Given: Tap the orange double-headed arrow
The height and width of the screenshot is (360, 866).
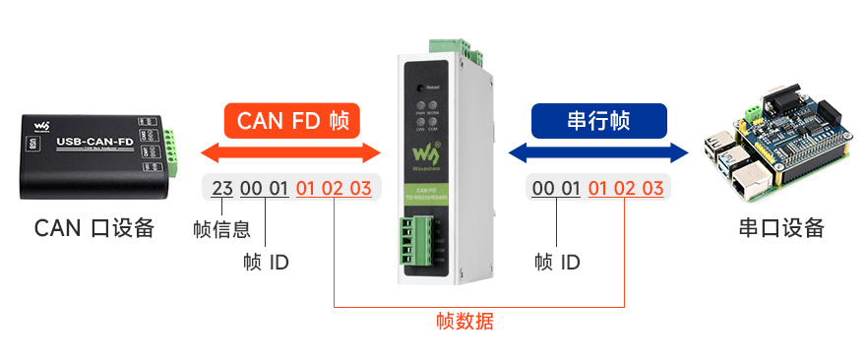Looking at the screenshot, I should click(x=290, y=152).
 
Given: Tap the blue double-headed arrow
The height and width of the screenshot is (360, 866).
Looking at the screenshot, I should click(x=598, y=152).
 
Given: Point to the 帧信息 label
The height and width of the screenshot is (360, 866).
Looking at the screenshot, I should click(x=221, y=229).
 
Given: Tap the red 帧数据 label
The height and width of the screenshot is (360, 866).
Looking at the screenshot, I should click(x=464, y=321).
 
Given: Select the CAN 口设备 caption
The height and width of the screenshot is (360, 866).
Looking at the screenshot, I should click(x=94, y=228).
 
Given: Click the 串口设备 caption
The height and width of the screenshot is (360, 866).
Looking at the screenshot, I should click(x=780, y=228).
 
